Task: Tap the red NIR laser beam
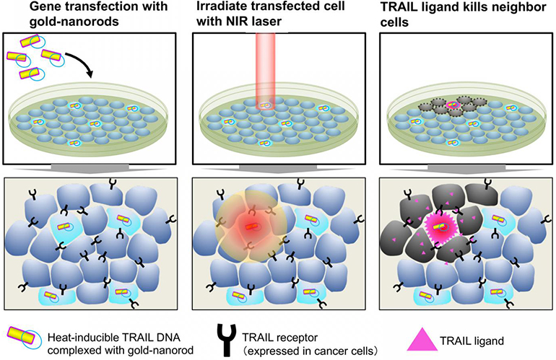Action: pos(278,65)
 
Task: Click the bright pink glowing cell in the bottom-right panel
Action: pos(448,229)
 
